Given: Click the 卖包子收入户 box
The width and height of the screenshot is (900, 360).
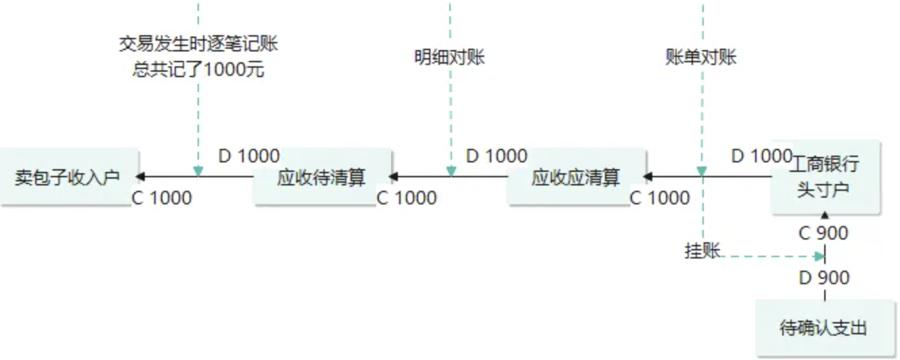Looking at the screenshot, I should click(68, 177).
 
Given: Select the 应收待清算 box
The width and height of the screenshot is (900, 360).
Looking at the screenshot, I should click(321, 177).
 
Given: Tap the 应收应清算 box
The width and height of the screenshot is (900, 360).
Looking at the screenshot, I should click(576, 177).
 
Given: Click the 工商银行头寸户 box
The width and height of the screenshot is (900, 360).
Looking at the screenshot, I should click(824, 177).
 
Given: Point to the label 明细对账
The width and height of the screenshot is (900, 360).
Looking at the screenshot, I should click(450, 58).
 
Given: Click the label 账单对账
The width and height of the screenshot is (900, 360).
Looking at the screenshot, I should click(701, 58).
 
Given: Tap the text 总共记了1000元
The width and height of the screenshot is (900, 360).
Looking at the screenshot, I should click(198, 69).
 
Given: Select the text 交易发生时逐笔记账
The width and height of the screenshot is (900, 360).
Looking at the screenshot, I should click(198, 45).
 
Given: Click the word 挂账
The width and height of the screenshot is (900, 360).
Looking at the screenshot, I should click(702, 251).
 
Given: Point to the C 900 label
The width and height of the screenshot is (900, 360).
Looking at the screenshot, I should click(823, 233).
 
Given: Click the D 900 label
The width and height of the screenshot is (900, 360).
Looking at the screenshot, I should click(824, 277).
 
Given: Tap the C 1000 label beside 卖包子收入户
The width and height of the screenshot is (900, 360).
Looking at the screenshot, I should click(162, 198).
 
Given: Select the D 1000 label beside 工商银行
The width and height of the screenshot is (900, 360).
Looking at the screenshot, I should click(761, 156).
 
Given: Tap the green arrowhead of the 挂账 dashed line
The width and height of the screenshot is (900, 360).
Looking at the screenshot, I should click(819, 256).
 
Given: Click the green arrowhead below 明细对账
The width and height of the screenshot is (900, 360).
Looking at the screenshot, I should click(451, 172).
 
